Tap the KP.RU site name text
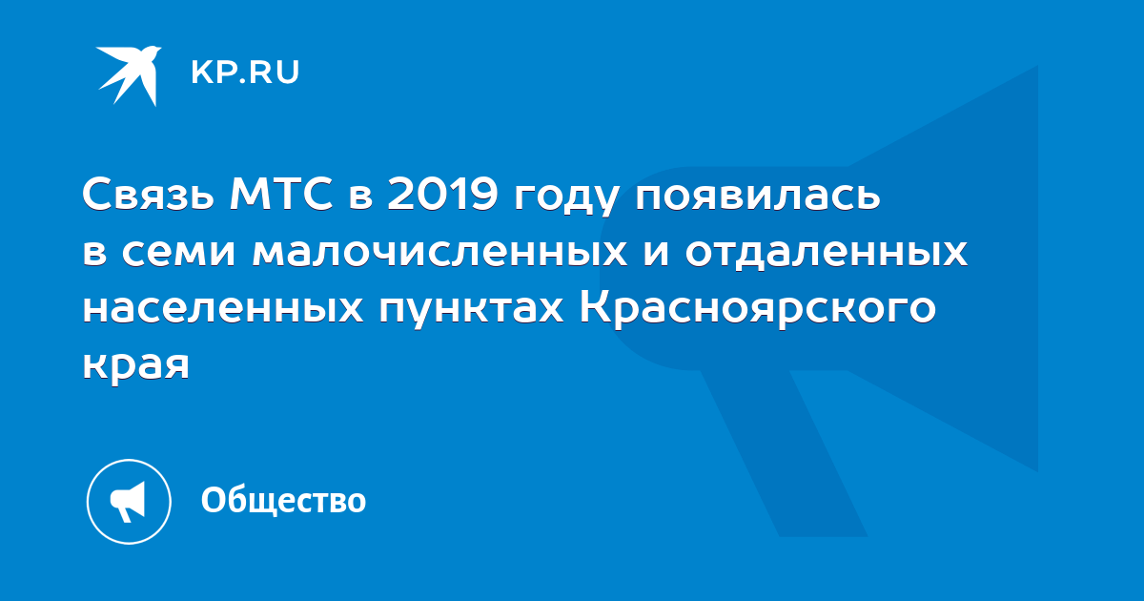point(245,73)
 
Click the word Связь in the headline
point(148,195)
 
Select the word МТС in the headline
point(281,195)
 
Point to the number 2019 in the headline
point(442,195)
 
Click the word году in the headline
point(567,199)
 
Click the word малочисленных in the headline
point(440,254)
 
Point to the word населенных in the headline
point(223,310)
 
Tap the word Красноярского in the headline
point(758,310)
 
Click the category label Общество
point(283,500)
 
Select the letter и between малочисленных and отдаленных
point(656,254)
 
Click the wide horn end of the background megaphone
point(945,268)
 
